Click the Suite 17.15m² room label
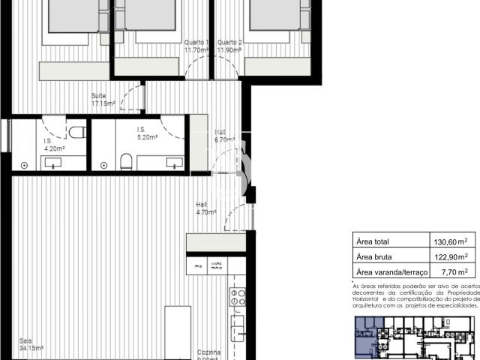(103, 100)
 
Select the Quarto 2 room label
(229, 46)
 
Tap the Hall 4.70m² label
(205, 208)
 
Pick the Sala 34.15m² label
(31, 344)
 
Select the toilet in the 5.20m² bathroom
(126, 160)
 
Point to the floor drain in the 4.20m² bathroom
(25, 164)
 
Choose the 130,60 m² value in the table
(450, 241)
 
